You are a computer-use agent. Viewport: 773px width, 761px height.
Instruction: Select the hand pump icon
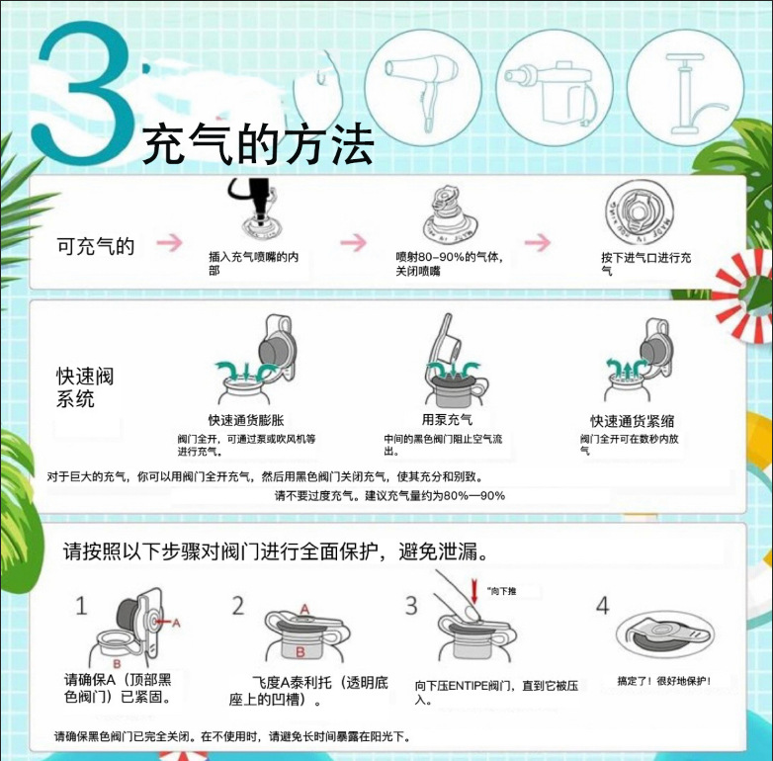682,90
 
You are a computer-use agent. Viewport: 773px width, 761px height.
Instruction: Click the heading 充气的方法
259,147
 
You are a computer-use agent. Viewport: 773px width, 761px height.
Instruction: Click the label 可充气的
95,246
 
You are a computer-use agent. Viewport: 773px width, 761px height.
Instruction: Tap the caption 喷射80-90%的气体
450,264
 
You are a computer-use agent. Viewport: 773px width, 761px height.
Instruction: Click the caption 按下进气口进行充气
646,264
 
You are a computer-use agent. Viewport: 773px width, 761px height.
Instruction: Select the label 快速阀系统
85,387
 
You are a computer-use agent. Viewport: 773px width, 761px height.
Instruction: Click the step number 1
81,605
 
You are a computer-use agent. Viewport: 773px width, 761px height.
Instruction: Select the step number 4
602,605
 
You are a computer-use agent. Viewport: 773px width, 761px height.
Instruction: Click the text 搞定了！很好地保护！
663,681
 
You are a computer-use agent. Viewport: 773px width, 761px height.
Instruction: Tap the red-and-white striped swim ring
743,296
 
